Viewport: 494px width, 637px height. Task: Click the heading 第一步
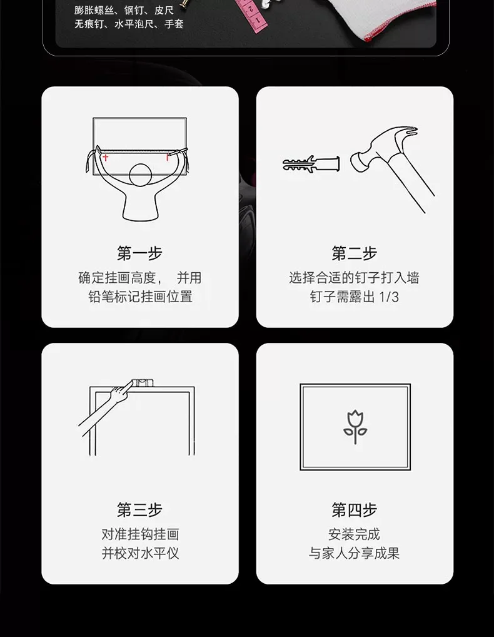(x=139, y=253)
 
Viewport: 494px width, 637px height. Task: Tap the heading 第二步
(x=355, y=253)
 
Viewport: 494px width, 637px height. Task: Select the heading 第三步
(x=139, y=510)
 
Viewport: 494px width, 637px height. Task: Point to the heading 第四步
(x=355, y=510)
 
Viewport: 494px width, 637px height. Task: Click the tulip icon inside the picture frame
(x=355, y=427)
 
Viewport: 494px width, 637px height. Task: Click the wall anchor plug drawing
(x=311, y=164)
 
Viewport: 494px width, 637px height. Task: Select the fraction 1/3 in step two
(x=389, y=297)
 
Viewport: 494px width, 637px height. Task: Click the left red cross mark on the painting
(x=106, y=157)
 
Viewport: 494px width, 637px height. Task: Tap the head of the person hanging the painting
(x=141, y=175)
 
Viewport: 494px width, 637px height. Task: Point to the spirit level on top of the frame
(x=143, y=383)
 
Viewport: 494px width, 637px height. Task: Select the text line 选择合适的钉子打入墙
(x=355, y=278)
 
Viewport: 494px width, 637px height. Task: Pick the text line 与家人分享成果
(x=355, y=553)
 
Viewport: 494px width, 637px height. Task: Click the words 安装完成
(x=355, y=534)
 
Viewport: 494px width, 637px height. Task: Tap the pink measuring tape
(x=253, y=14)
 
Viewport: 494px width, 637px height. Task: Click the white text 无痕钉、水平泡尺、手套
(x=129, y=24)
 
